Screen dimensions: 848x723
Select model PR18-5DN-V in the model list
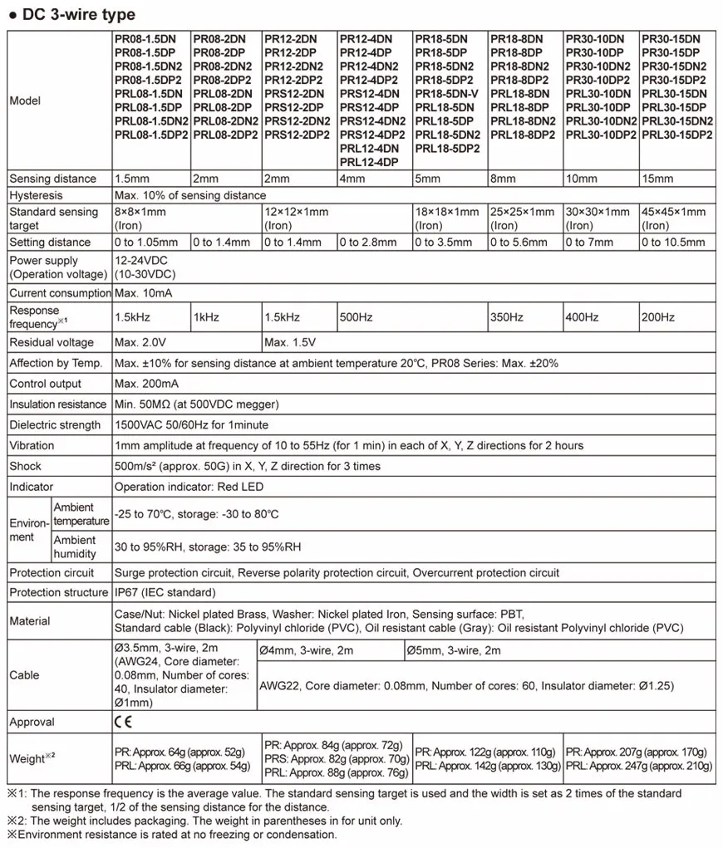[447, 94]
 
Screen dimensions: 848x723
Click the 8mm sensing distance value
[503, 179]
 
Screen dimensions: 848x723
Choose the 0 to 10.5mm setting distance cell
[673, 243]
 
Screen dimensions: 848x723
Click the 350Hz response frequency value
[507, 317]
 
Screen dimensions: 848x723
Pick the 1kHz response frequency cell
[205, 317]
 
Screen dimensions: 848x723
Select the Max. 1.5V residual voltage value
[290, 342]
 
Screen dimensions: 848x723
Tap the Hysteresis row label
[36, 195]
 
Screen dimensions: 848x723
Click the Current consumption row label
[60, 293]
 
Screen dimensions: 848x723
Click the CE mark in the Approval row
[121, 722]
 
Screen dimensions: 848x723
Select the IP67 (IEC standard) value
[165, 592]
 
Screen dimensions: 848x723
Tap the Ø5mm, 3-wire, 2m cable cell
[453, 650]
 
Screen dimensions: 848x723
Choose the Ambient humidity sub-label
[75, 547]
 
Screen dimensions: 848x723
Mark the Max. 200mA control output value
[146, 384]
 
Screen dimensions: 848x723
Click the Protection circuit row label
[52, 572]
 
